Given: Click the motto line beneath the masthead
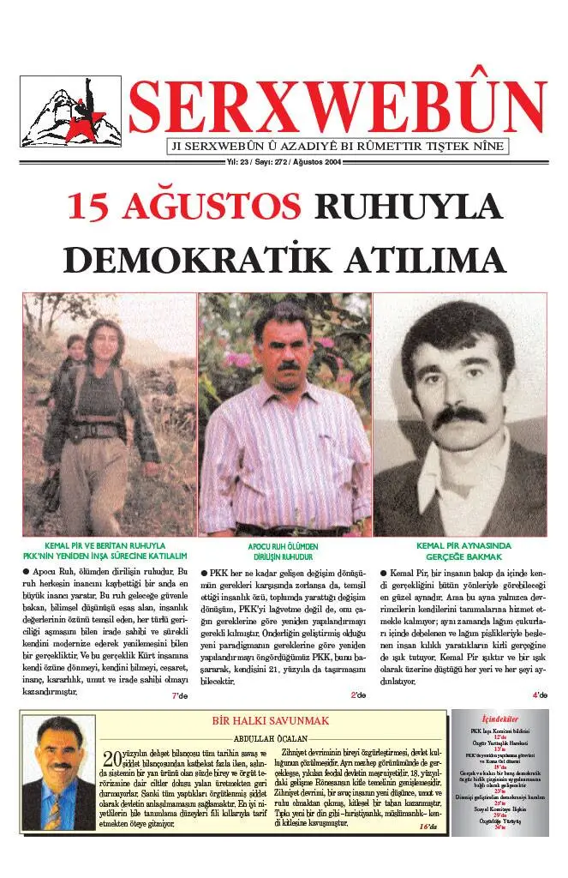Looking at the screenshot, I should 337,146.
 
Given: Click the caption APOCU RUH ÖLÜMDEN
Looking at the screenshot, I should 283,545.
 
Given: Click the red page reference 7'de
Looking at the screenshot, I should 179,695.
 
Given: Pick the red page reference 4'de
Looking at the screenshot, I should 539,695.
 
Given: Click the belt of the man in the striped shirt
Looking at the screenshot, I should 285,529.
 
